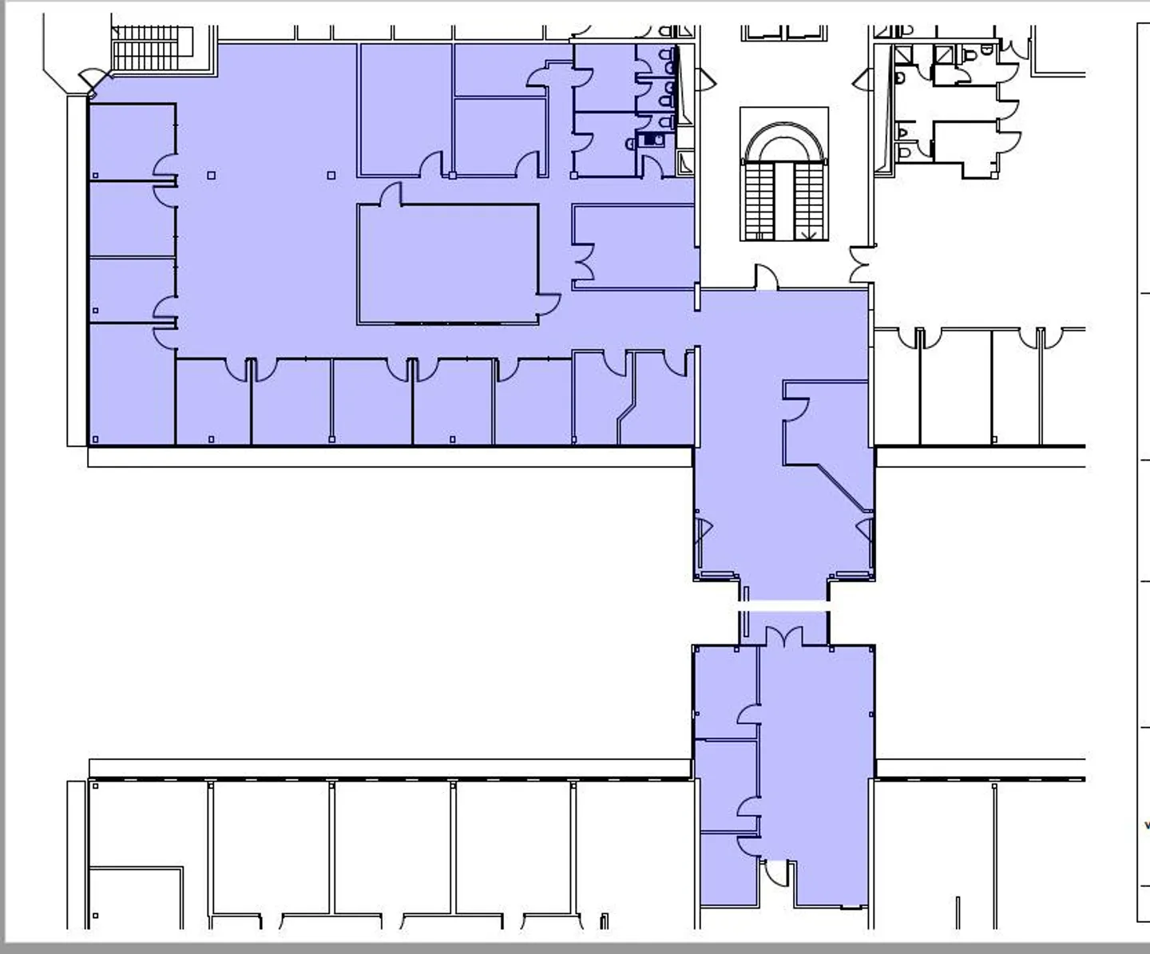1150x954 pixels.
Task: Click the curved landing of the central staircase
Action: click(x=783, y=144)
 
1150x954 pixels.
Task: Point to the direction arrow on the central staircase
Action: click(x=810, y=235)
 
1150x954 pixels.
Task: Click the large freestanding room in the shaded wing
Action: click(x=447, y=263)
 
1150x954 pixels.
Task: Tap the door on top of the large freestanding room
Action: click(x=391, y=195)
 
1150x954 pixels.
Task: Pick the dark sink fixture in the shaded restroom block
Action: click(x=652, y=141)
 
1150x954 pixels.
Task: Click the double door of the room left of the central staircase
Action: click(x=584, y=264)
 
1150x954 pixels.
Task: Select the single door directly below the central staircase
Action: click(x=766, y=278)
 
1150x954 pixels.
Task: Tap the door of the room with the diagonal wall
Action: click(x=796, y=409)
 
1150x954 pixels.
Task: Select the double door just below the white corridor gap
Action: click(x=784, y=637)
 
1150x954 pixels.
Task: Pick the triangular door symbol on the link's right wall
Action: click(x=865, y=531)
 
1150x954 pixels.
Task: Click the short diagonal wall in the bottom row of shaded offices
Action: click(x=626, y=414)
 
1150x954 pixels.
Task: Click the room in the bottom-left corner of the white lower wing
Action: click(x=136, y=898)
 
